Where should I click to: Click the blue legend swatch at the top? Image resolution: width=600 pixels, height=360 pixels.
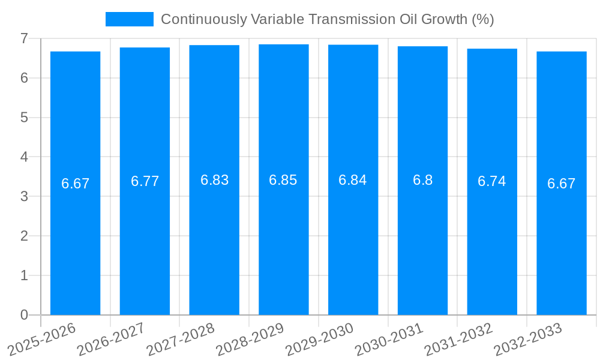coord(129,19)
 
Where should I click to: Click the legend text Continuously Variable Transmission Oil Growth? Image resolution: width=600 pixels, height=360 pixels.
coord(327,19)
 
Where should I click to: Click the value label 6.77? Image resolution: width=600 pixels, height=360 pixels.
coord(145,181)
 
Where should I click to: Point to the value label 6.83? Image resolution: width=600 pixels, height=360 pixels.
coord(214,180)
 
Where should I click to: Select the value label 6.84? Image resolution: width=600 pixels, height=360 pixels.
coord(353,180)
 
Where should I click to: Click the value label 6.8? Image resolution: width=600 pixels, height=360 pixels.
coord(422,180)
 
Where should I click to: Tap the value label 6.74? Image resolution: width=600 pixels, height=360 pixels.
coord(492,181)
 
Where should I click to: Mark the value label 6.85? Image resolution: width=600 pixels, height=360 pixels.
coord(283,180)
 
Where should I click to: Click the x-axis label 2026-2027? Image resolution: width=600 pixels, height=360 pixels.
coord(111,339)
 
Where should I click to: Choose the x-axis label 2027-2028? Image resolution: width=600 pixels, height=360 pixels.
coord(181,339)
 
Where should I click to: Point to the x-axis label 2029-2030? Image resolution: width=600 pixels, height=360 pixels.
coord(319,339)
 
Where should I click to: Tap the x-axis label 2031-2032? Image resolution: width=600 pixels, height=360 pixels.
coord(458,339)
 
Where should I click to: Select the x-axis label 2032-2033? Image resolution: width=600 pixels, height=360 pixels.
coord(528,339)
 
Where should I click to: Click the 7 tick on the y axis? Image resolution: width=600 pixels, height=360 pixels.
coord(24,38)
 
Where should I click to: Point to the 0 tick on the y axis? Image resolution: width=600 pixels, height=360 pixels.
coord(24,315)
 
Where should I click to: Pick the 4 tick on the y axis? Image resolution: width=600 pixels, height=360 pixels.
coord(24,157)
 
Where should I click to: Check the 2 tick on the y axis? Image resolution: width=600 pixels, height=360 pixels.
coord(24,236)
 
